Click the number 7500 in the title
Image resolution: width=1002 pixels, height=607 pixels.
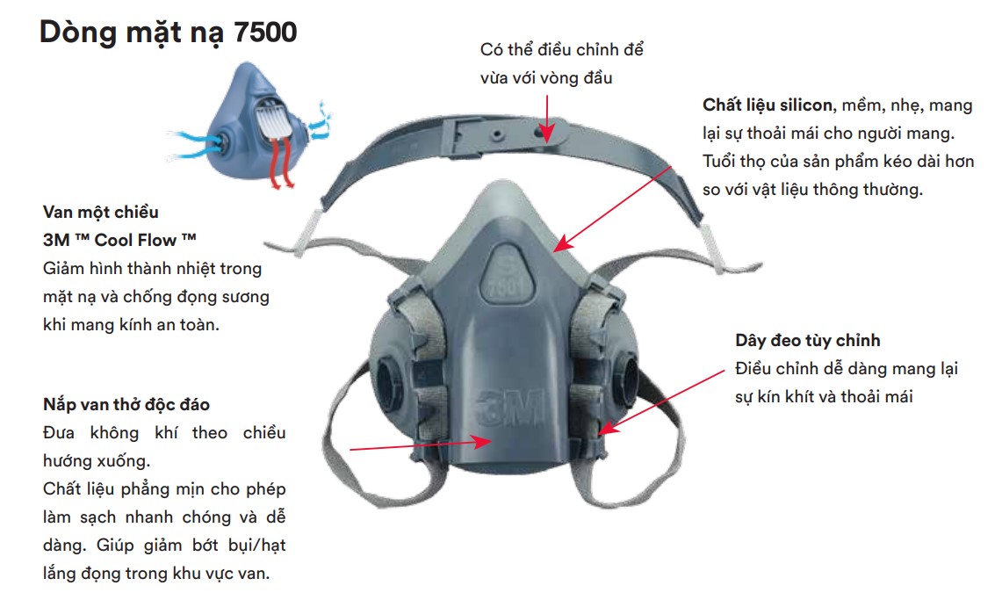(265, 32)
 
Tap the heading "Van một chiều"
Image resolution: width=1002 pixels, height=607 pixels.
(101, 212)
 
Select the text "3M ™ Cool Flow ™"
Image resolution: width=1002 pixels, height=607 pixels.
(119, 240)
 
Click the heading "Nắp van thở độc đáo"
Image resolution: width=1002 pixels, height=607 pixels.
(126, 404)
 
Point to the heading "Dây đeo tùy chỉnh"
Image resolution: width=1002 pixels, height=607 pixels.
(808, 341)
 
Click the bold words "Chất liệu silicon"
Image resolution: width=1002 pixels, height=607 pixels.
(768, 105)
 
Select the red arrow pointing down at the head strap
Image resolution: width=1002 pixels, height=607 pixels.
(547, 119)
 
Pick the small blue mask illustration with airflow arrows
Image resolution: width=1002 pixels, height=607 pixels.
(250, 126)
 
